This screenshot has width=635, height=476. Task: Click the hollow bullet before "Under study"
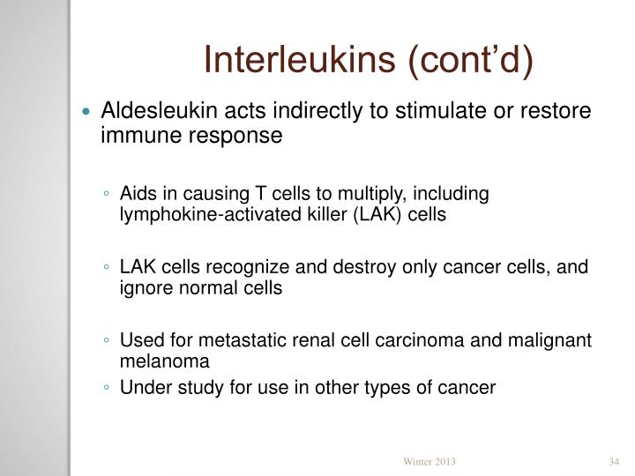pos(106,388)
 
